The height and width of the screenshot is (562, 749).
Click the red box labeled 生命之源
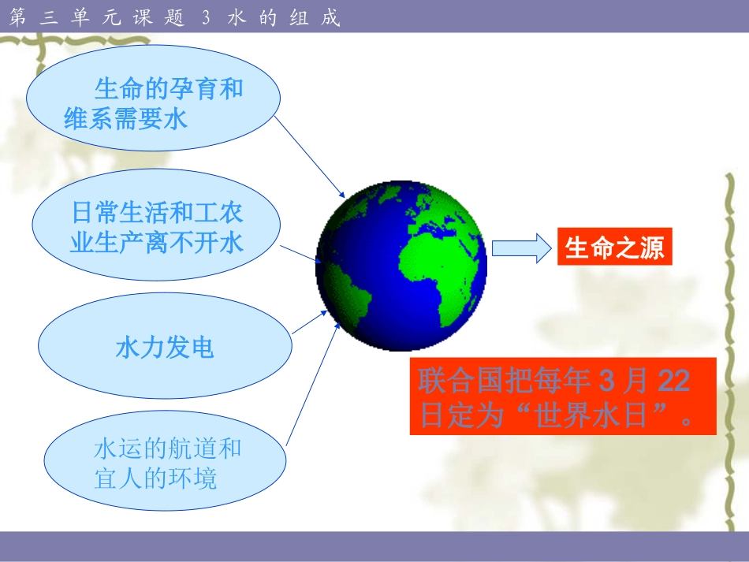click(614, 248)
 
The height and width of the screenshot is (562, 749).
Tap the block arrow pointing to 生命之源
click(520, 248)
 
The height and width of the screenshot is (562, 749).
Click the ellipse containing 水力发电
click(165, 347)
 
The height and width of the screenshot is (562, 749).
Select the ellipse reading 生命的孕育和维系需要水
click(153, 102)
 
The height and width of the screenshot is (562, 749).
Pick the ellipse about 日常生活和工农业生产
click(157, 227)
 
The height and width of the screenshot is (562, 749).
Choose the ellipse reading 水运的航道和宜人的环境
click(166, 463)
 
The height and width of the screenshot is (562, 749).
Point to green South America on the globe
click(348, 288)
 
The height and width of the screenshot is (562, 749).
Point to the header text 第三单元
click(58, 17)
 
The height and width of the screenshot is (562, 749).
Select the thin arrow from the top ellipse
click(311, 158)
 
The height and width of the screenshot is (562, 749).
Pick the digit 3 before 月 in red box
click(606, 381)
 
